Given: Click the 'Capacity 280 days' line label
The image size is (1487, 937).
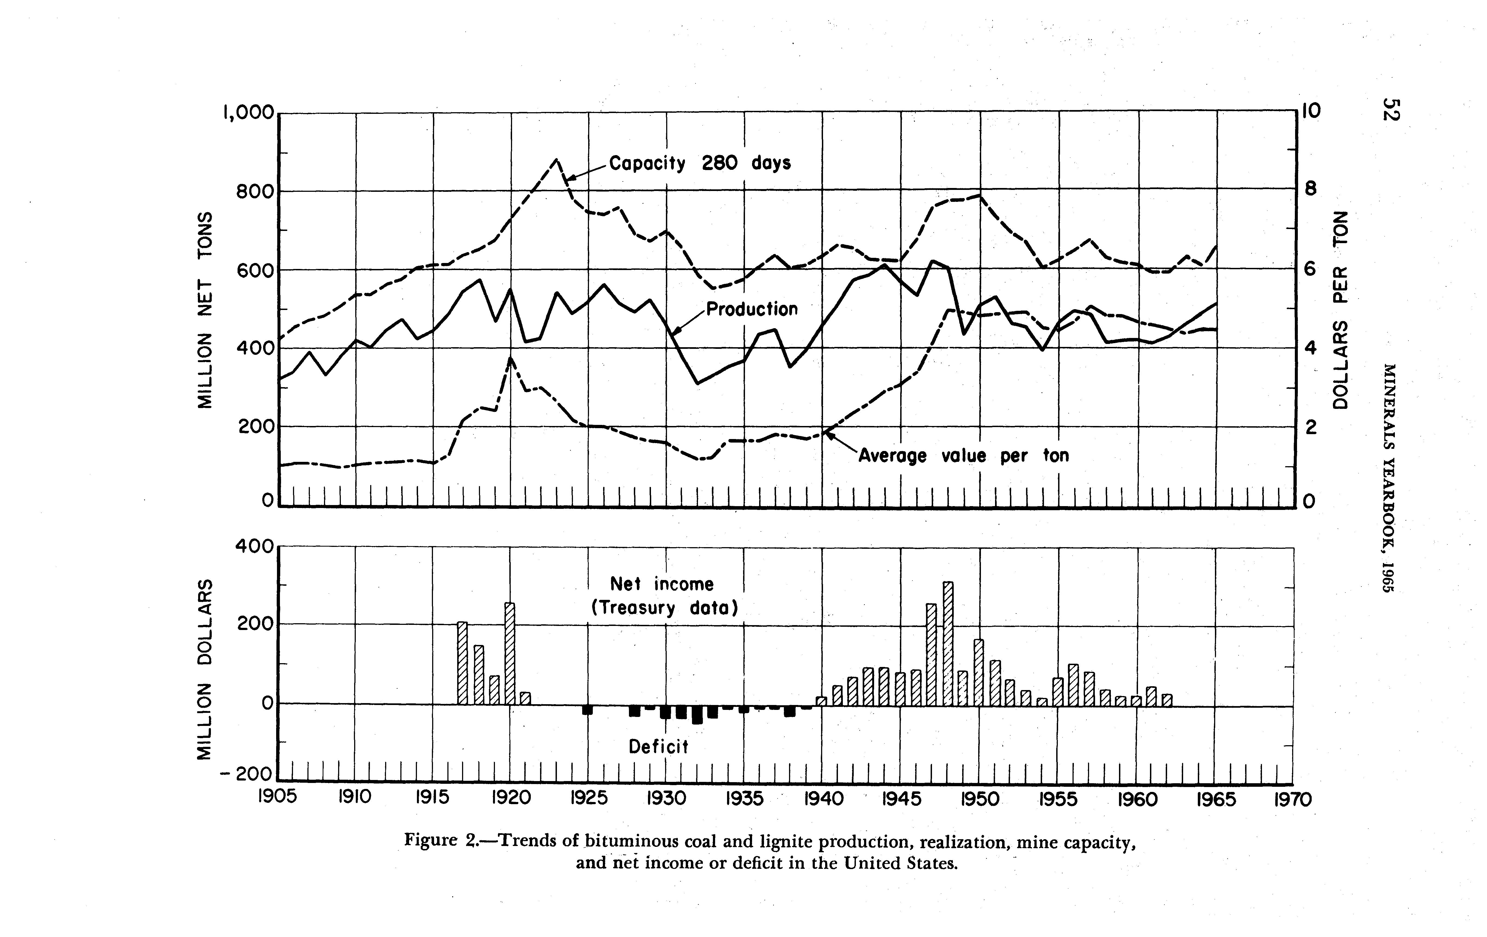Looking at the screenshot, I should coord(700,164).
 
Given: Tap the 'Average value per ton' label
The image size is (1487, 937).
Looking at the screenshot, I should coord(963,456).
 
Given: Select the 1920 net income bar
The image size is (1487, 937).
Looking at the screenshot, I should coord(509,653).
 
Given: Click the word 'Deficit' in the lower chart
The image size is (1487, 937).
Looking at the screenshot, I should coord(658,747).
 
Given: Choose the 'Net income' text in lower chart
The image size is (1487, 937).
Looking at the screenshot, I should coord(662,584).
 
